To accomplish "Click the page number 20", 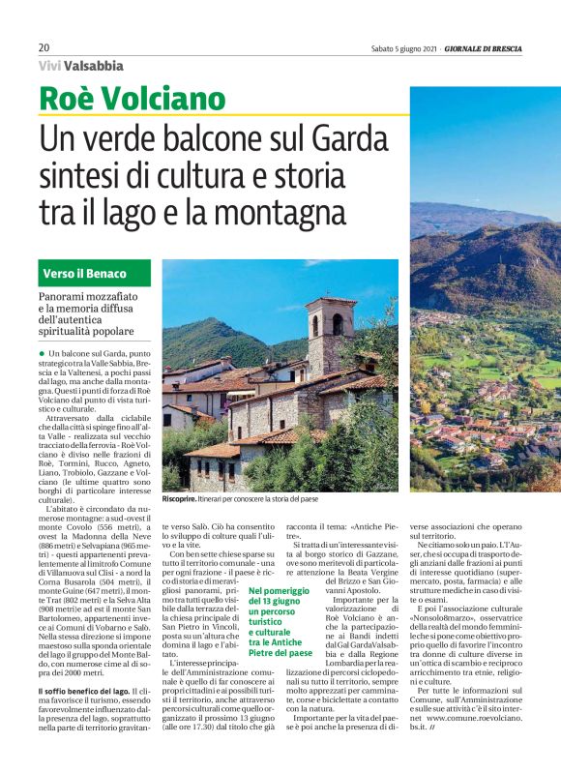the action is pos(44,47).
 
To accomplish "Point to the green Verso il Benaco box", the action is pos(96,273).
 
